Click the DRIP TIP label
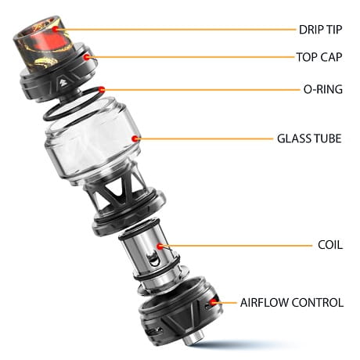point(320,30)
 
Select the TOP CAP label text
point(319,57)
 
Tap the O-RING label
point(323,89)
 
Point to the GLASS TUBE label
point(309,139)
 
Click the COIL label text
point(330,245)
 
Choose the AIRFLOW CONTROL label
point(292,303)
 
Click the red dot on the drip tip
point(56,29)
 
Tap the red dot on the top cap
point(87,57)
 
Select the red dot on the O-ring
point(102,90)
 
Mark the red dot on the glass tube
point(135,139)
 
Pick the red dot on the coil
point(160,246)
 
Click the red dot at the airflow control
point(214,302)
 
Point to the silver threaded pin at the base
point(191,340)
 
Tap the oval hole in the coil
point(153,258)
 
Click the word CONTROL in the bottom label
point(317,303)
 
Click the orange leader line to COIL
point(237,246)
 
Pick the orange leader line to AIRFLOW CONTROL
point(226,303)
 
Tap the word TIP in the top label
point(333,30)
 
